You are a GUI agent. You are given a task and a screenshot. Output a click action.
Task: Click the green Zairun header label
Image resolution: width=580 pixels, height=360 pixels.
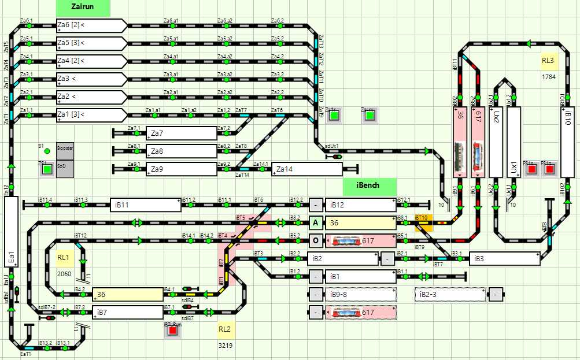(83, 8)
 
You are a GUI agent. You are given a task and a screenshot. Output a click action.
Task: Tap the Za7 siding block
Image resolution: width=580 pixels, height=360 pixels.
(181, 133)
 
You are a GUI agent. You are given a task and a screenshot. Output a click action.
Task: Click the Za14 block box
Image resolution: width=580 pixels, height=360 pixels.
(306, 169)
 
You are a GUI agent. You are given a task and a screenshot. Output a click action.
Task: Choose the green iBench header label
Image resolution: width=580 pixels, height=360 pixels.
(370, 186)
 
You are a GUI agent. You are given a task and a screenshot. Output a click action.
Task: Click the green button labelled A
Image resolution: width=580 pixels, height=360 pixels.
(315, 222)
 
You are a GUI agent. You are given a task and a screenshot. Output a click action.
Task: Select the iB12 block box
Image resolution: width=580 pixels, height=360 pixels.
(360, 205)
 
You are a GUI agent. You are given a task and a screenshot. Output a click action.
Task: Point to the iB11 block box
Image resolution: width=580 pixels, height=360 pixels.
(146, 205)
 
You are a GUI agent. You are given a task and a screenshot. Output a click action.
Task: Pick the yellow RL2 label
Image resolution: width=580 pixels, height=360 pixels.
(224, 329)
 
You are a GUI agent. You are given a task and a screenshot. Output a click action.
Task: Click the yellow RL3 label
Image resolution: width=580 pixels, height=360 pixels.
(548, 61)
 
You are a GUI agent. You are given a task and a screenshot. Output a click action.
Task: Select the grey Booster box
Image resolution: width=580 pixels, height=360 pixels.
(65, 149)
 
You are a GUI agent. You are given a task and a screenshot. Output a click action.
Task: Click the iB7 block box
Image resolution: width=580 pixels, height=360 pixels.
(128, 313)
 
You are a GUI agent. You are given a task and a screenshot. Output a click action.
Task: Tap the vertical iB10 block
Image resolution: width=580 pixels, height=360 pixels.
(567, 142)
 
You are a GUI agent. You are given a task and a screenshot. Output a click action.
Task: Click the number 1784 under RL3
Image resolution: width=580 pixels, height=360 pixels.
(548, 76)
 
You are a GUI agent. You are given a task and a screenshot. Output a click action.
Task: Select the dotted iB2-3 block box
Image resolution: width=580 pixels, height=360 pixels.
(450, 295)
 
